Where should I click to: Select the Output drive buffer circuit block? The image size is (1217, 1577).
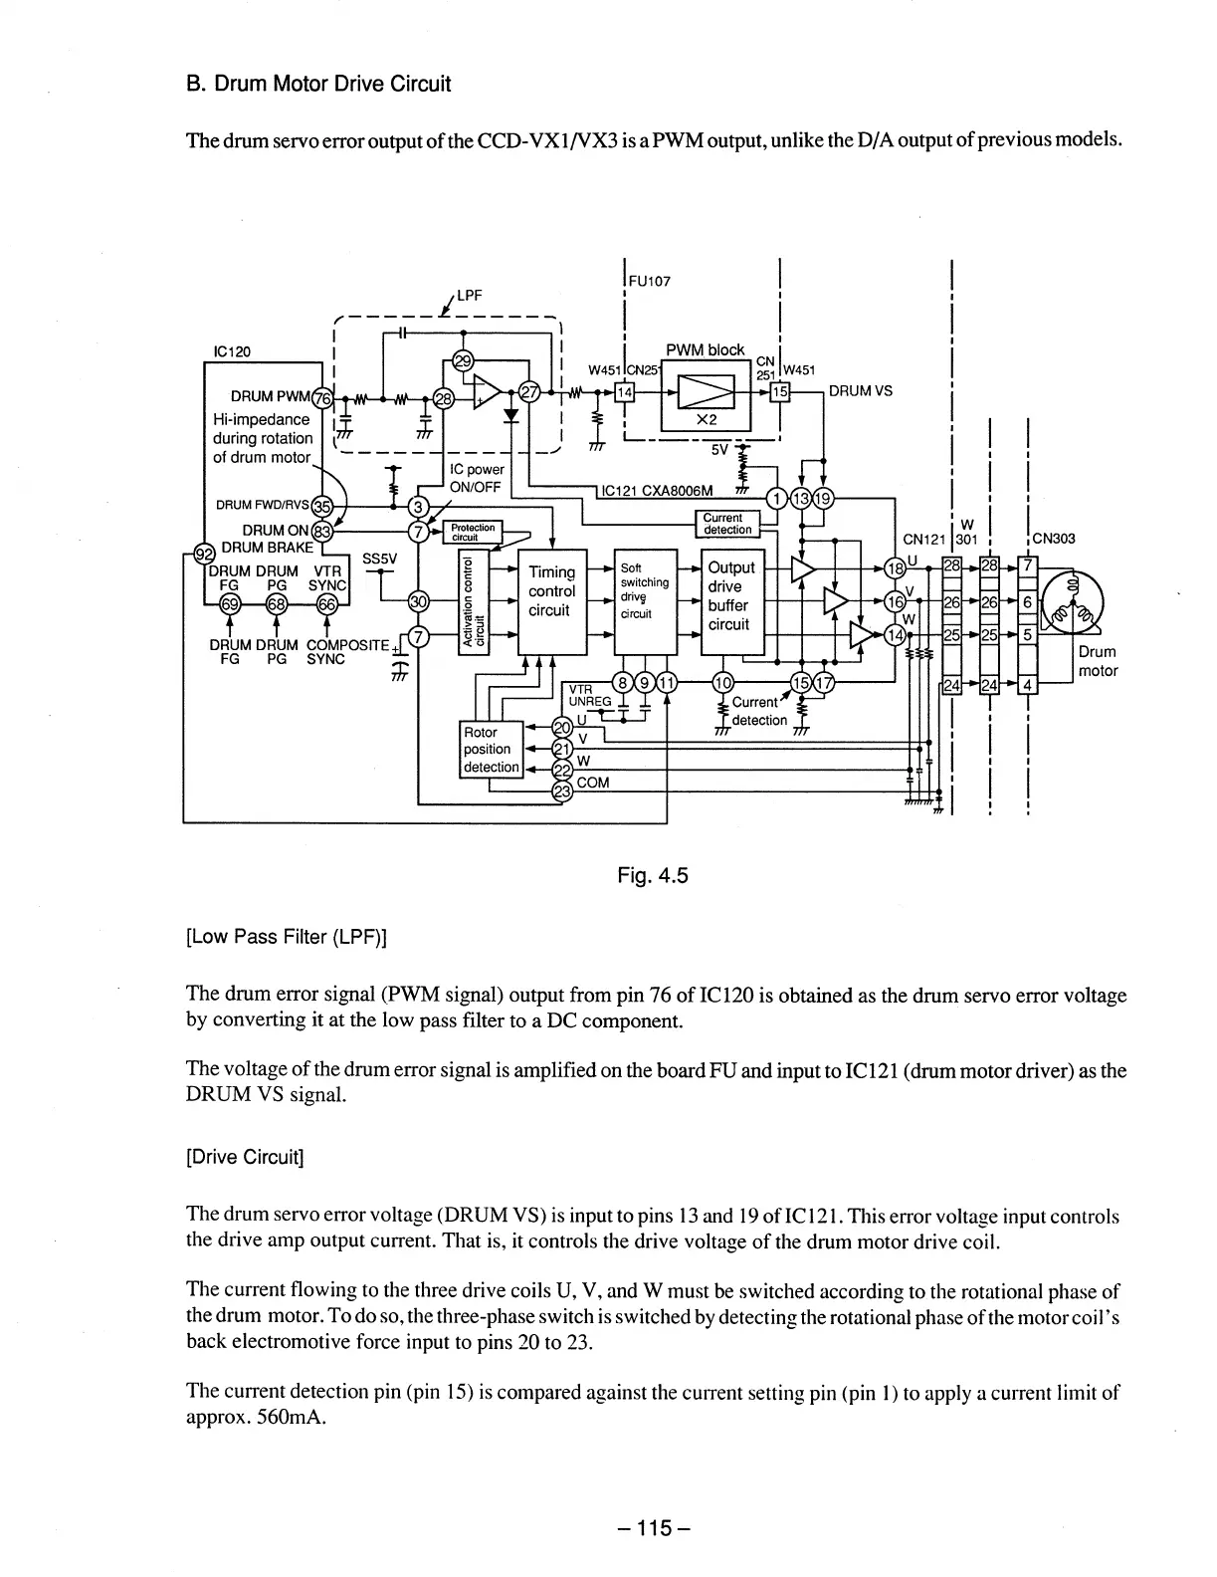pyautogui.click(x=731, y=596)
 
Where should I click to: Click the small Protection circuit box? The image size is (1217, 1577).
pyautogui.click(x=473, y=532)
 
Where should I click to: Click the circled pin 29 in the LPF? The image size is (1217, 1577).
pyautogui.click(x=462, y=360)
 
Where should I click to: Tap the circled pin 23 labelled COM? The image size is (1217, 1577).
pyautogui.click(x=561, y=791)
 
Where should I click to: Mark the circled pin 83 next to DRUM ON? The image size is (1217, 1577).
pyautogui.click(x=321, y=531)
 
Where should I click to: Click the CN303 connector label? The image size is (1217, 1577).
pyautogui.click(x=1054, y=540)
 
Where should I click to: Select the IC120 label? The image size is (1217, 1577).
pyautogui.click(x=233, y=350)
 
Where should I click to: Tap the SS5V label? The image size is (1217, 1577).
pyautogui.click(x=380, y=559)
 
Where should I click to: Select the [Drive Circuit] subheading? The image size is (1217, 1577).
pyautogui.click(x=245, y=1157)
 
